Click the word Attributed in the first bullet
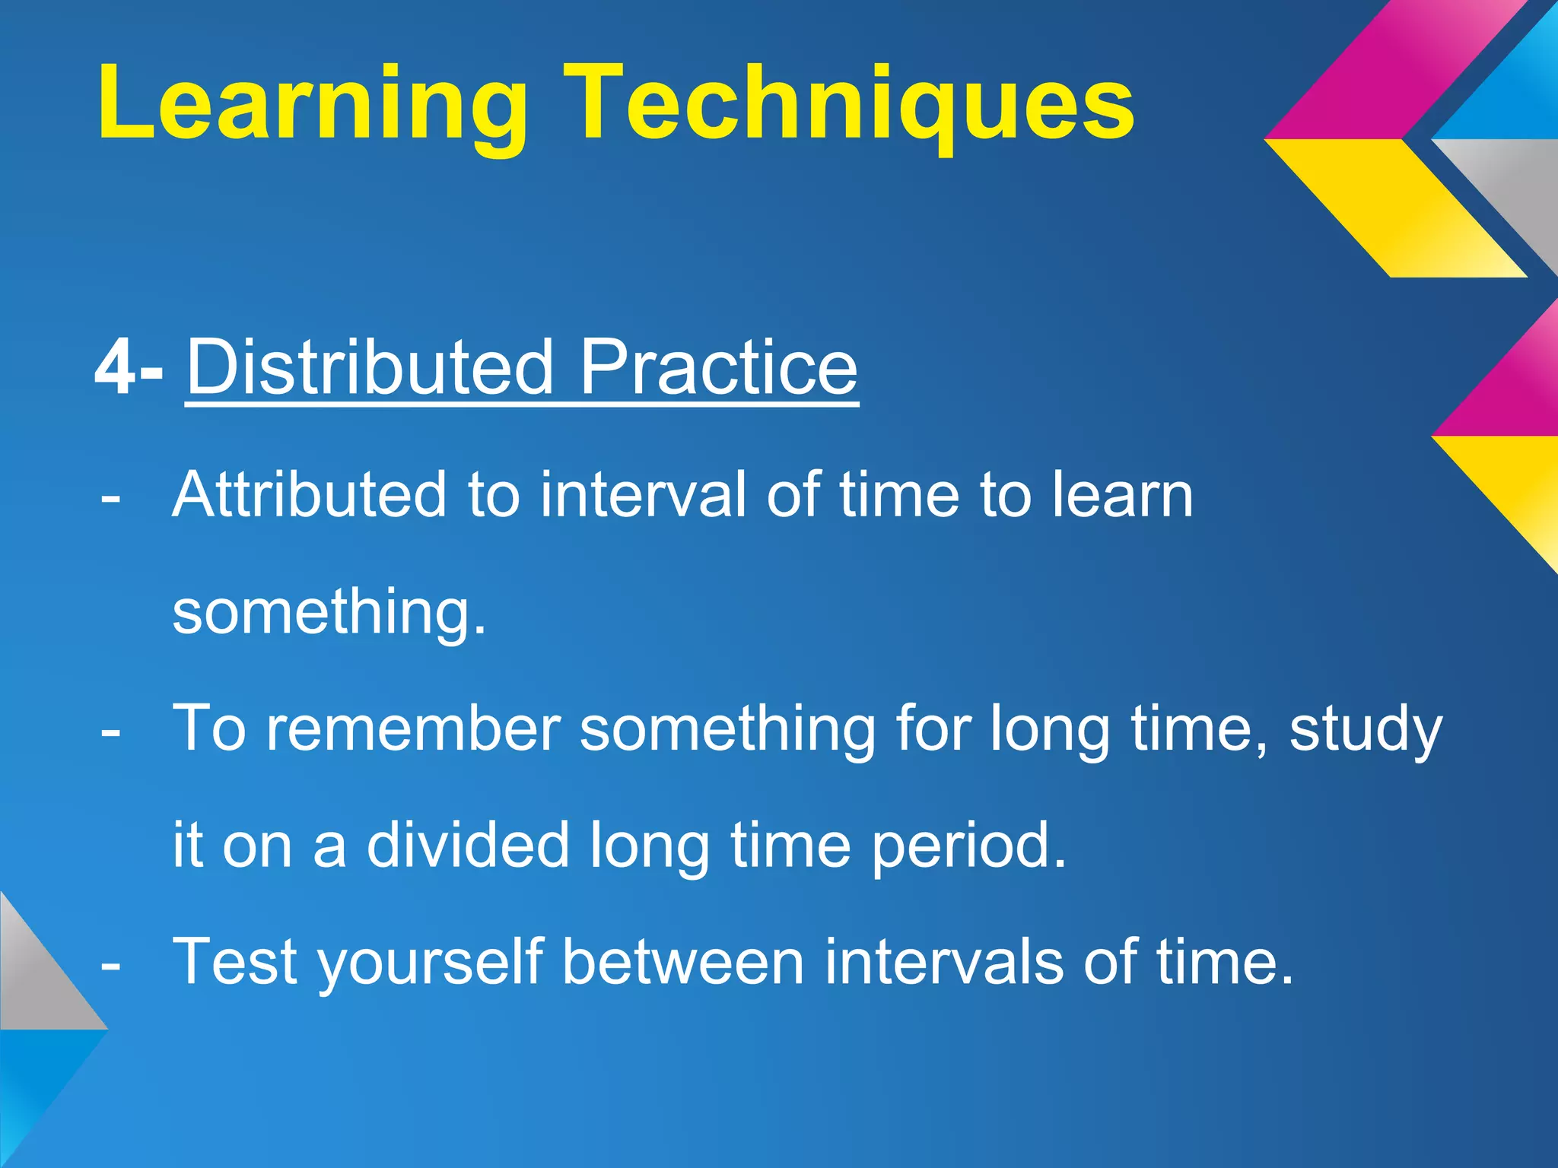[x=309, y=495]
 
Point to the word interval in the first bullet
[x=644, y=495]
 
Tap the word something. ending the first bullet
[x=329, y=612]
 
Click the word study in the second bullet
[x=1366, y=728]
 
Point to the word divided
[x=468, y=845]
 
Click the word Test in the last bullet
[x=235, y=962]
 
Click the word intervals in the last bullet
[x=943, y=962]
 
